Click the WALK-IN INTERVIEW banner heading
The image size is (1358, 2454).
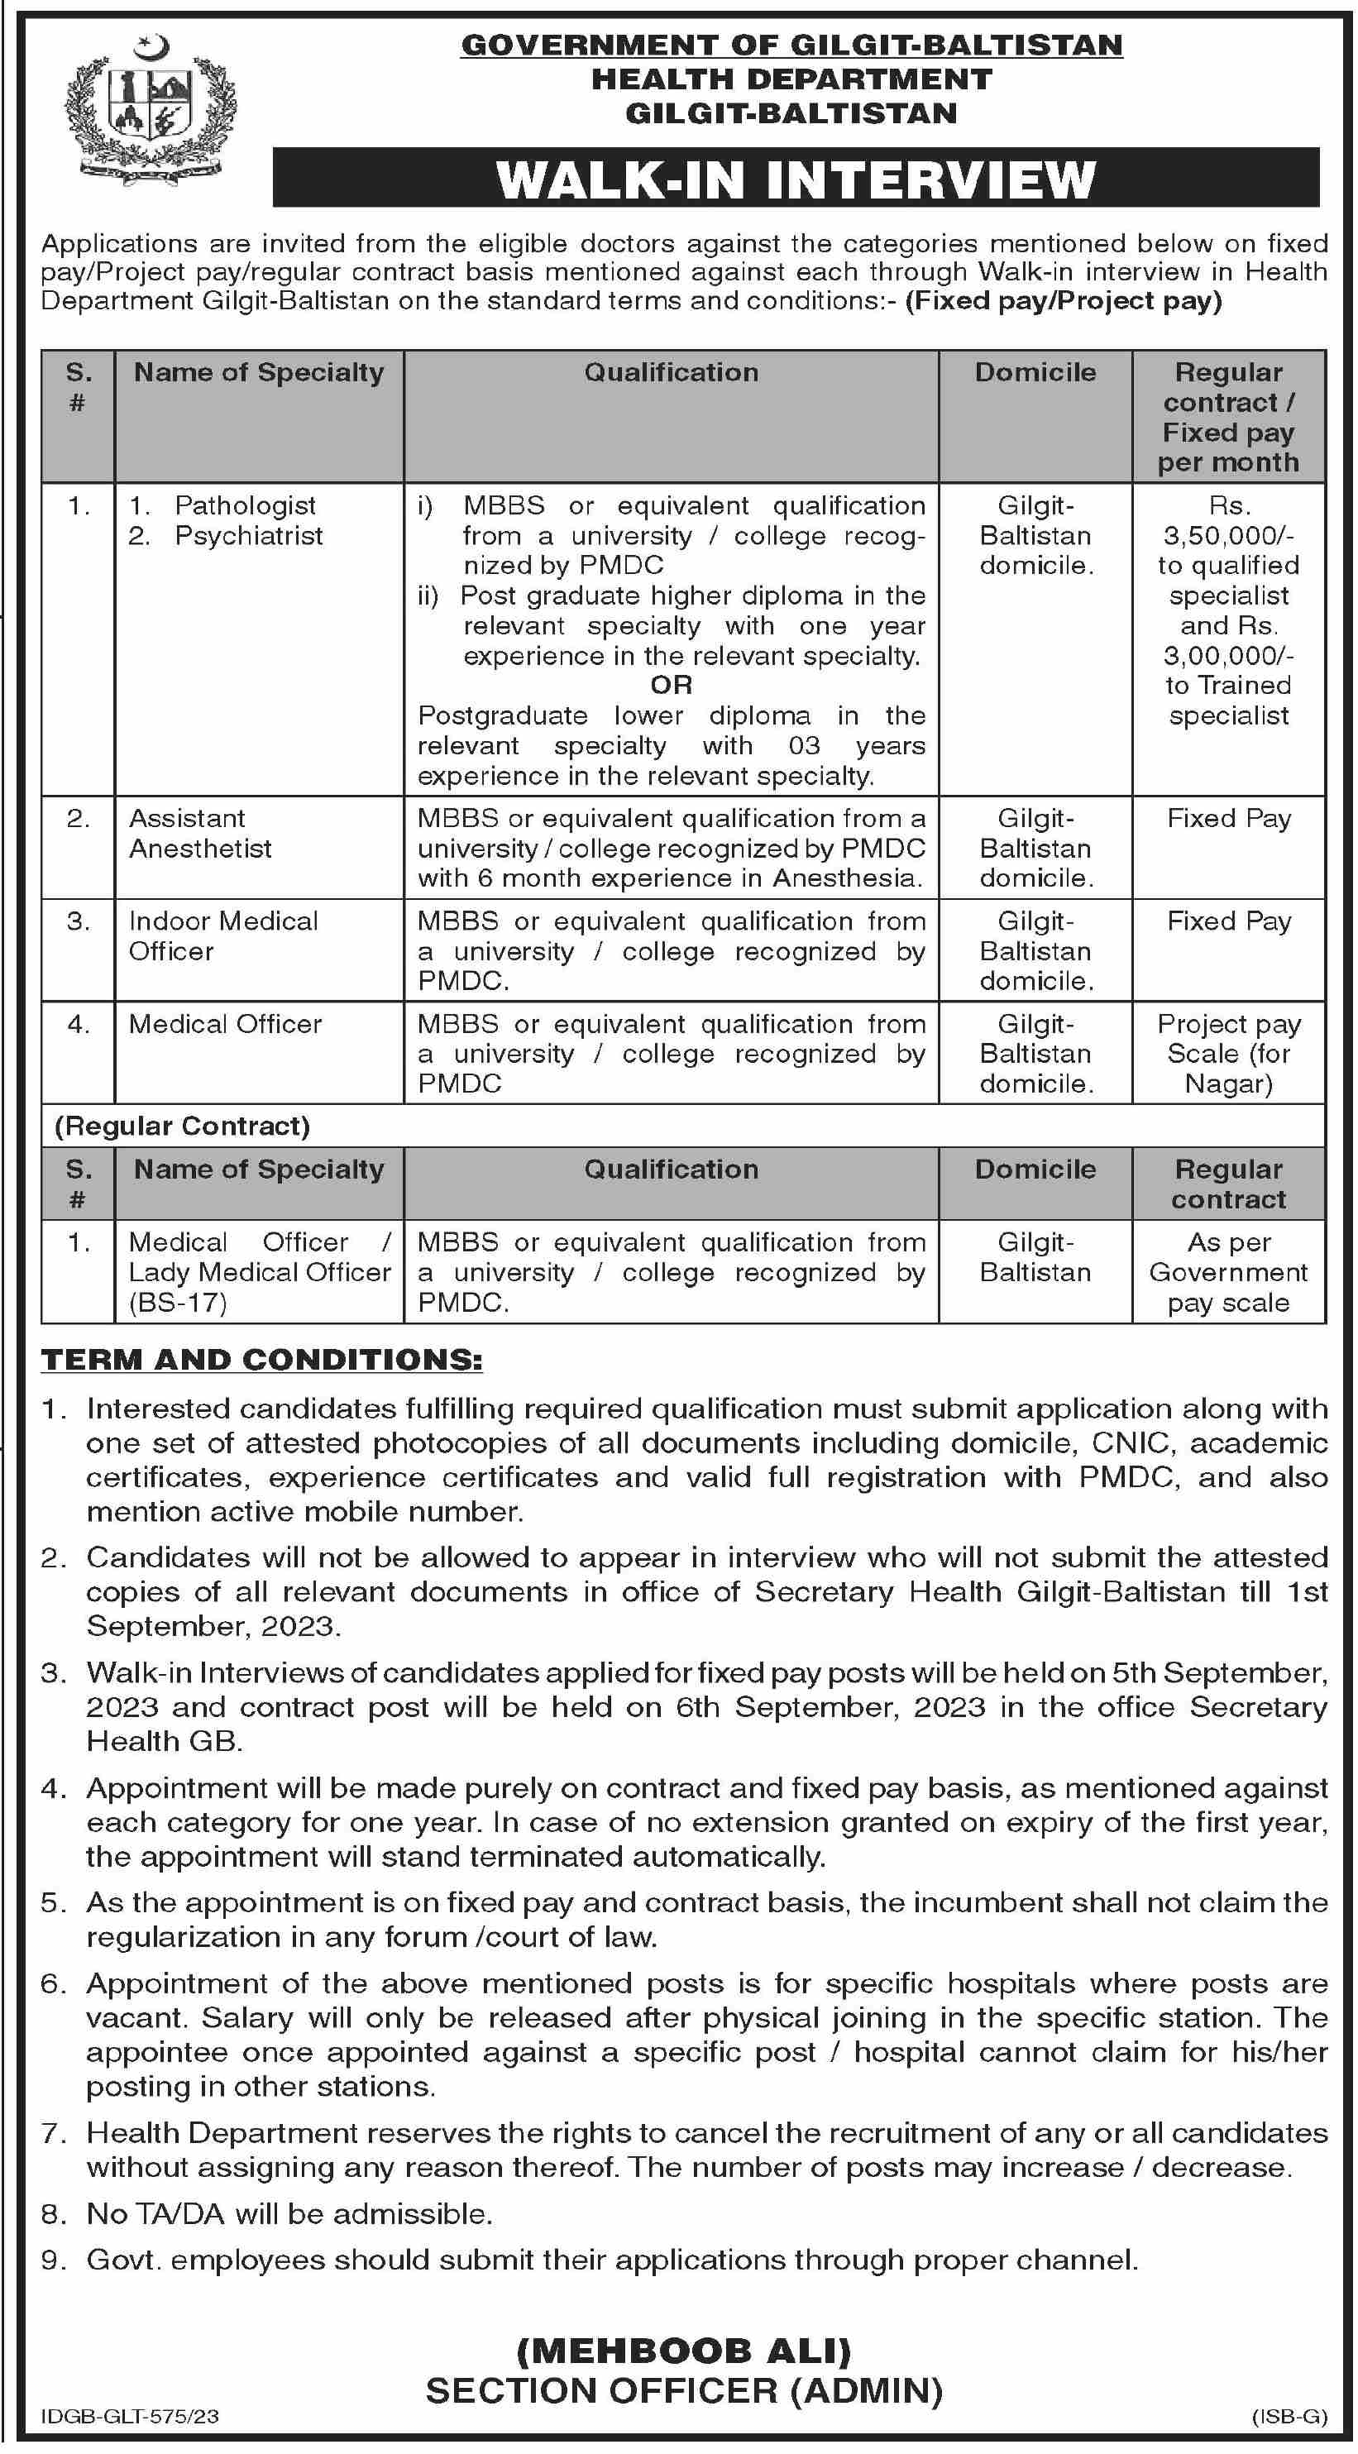(x=796, y=179)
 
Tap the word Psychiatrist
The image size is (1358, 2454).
(x=249, y=535)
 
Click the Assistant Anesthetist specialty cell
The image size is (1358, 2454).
(x=200, y=834)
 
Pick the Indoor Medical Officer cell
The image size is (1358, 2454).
(x=222, y=936)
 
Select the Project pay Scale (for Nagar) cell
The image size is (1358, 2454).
(x=1228, y=1054)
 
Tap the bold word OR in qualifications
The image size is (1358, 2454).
(x=672, y=685)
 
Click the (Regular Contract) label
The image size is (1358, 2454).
(x=183, y=1126)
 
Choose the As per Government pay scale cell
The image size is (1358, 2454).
(x=1228, y=1273)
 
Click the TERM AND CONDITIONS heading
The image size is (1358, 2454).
(x=262, y=1361)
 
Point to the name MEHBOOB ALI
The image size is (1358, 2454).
(x=684, y=2352)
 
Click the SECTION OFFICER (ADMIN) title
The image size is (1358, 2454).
(x=684, y=2391)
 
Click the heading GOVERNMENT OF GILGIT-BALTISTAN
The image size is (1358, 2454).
(x=791, y=45)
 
